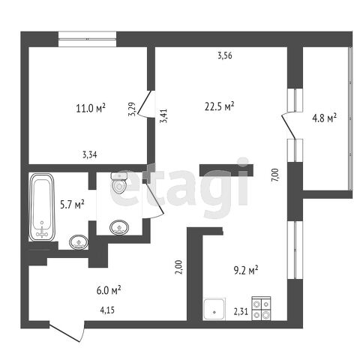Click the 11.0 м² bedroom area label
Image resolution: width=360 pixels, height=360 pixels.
91,108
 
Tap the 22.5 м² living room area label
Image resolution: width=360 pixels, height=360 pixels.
219,106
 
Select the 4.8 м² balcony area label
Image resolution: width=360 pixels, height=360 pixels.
324,118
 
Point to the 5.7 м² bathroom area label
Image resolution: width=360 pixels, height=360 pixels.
72,205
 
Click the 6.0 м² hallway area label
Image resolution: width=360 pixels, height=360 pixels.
109,290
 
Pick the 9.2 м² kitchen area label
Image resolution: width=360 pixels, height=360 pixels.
246,271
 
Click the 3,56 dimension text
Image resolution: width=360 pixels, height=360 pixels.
225,55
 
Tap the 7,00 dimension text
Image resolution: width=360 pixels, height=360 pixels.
275,175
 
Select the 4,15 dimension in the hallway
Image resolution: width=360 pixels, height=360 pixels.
107,310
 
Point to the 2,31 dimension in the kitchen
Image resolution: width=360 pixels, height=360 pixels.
241,312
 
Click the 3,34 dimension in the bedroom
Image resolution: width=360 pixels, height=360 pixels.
90,155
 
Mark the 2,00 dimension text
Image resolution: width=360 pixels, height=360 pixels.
180,267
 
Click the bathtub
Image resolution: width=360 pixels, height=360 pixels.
42,207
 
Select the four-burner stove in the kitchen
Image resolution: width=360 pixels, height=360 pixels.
261,308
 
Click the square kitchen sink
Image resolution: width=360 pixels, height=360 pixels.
214,309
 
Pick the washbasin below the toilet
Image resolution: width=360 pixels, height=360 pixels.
119,227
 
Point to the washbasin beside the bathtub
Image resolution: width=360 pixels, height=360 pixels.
79,242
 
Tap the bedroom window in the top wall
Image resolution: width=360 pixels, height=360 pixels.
87,39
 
